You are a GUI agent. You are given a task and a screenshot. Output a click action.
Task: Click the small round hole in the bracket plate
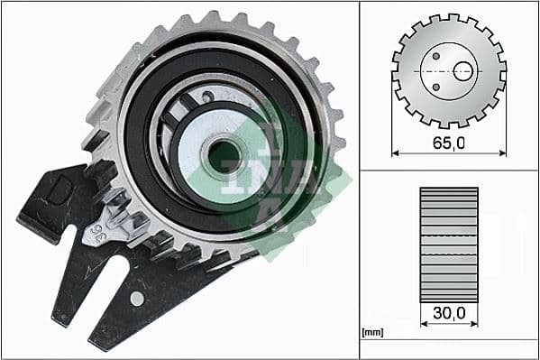click(x=136, y=298)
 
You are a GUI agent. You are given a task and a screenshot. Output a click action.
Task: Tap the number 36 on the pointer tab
click(x=92, y=236)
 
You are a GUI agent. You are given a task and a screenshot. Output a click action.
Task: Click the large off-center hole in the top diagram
click(x=463, y=71)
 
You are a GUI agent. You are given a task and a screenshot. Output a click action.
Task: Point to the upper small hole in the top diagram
click(x=435, y=55)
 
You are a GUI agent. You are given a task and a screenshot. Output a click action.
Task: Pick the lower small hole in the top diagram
click(x=435, y=88)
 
